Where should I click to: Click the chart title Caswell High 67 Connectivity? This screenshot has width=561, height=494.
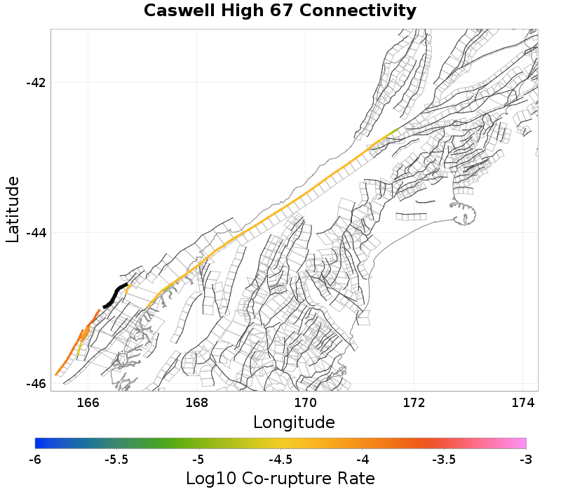pos(280,11)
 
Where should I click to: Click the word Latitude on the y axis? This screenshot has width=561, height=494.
pos(13,210)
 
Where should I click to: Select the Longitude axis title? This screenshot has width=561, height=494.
pos(294,422)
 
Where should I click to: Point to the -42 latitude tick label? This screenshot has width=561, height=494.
pos(35,83)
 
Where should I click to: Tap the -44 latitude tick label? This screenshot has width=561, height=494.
pos(35,233)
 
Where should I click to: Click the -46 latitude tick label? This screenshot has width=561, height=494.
pos(35,384)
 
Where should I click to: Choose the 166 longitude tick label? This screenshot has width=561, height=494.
pos(88,403)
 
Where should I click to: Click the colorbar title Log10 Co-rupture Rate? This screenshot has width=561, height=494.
pos(280,479)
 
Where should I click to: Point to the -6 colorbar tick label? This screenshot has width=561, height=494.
pos(35,460)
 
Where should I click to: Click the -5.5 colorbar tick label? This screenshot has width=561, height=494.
pos(116,460)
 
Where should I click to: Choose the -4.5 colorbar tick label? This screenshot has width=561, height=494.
pos(280,460)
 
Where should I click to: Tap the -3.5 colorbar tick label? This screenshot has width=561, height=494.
pos(444,460)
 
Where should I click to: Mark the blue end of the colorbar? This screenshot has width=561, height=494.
pos(38,443)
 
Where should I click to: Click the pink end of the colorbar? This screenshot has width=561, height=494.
pos(522,443)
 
